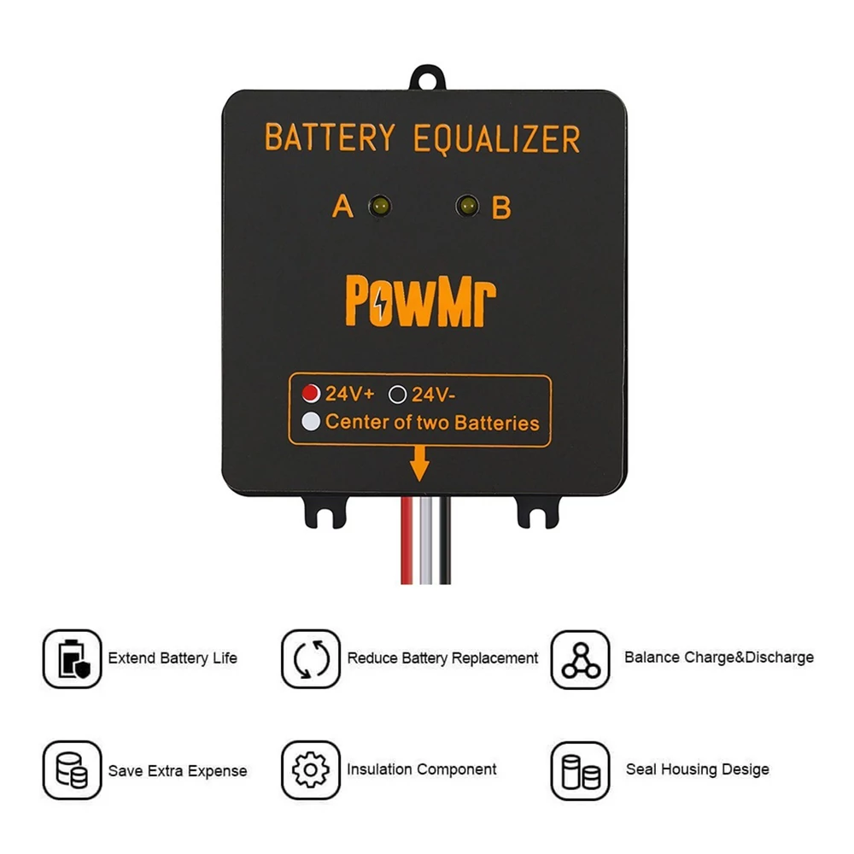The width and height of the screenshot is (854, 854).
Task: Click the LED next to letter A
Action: pos(380,207)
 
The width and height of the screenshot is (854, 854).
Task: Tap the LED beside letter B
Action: pos(467,207)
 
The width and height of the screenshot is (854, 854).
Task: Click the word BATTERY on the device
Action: pos(330,137)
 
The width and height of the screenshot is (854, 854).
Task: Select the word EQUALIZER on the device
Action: pos(497,139)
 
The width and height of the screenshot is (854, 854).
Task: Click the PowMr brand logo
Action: pos(420,301)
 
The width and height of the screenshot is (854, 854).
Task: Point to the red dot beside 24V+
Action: pos(311,393)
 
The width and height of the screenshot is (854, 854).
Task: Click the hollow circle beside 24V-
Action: pos(398,395)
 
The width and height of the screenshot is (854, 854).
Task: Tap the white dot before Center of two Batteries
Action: pos(311,422)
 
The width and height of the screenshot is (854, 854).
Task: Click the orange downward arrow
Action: pos(419,464)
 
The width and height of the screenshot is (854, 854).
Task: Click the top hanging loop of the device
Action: pos(428,78)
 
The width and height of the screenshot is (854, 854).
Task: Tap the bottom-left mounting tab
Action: pos(325,512)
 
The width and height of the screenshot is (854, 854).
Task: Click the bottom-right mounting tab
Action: pos(537,512)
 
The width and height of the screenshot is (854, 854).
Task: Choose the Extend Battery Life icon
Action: pos(73,659)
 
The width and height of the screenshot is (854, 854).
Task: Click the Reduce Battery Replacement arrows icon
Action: pos(311,659)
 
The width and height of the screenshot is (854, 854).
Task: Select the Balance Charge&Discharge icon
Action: pos(580,659)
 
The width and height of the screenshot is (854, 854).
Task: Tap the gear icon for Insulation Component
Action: pos(311,770)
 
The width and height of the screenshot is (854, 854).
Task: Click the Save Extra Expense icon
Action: pos(73,770)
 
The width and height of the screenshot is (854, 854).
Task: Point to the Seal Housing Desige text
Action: pos(698,769)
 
